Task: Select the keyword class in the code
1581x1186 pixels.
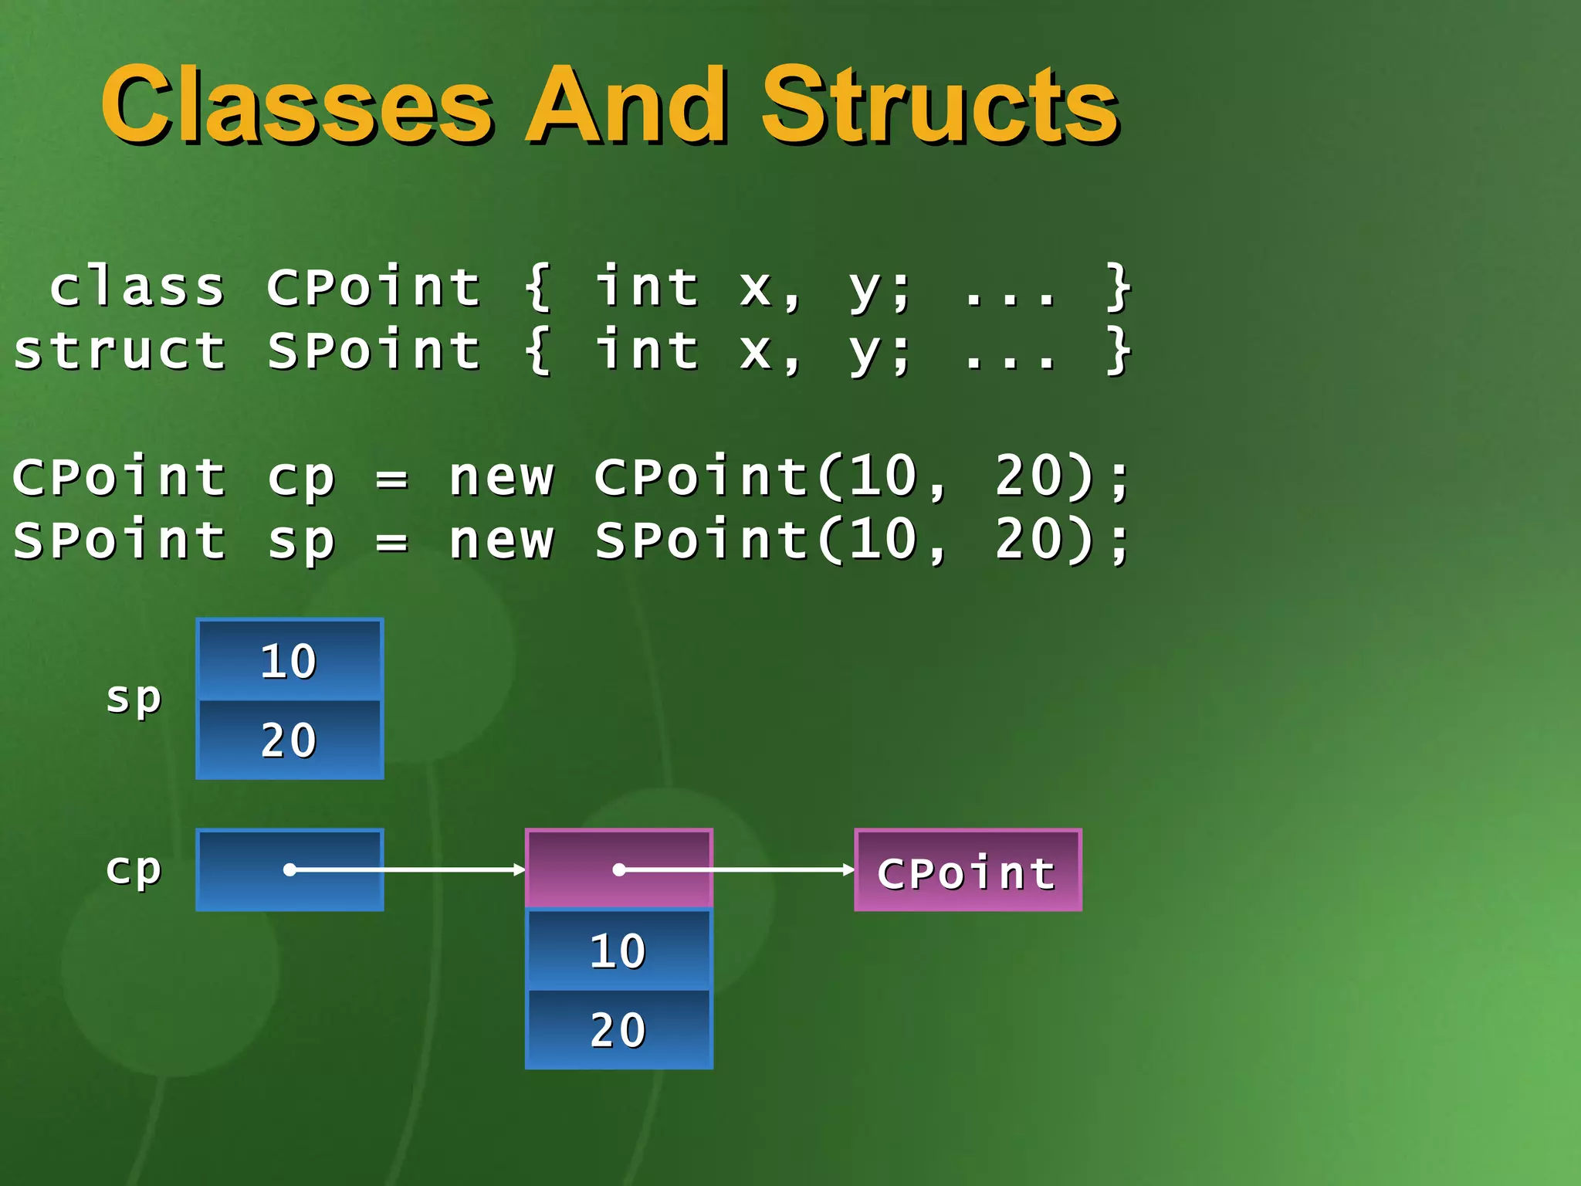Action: pyautogui.click(x=137, y=287)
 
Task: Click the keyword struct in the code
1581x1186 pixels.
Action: pyautogui.click(x=120, y=351)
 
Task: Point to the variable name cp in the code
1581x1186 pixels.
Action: pyautogui.click(x=301, y=479)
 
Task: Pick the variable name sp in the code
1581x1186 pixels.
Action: pyautogui.click(x=301, y=542)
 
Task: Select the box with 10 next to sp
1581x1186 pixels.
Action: pyautogui.click(x=289, y=660)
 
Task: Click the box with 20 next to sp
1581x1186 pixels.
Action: pyautogui.click(x=289, y=740)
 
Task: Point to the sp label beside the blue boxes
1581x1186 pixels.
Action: pyautogui.click(x=134, y=699)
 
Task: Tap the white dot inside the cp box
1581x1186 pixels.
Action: pyautogui.click(x=289, y=870)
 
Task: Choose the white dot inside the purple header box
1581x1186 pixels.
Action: pyautogui.click(x=618, y=870)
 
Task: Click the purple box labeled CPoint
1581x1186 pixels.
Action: pyautogui.click(x=967, y=870)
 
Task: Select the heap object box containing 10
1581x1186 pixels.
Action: pyautogui.click(x=618, y=950)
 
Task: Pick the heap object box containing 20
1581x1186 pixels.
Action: pyautogui.click(x=618, y=1029)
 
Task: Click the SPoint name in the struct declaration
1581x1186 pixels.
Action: pyautogui.click(x=374, y=351)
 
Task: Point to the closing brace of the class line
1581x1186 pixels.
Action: pyautogui.click(x=1118, y=287)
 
